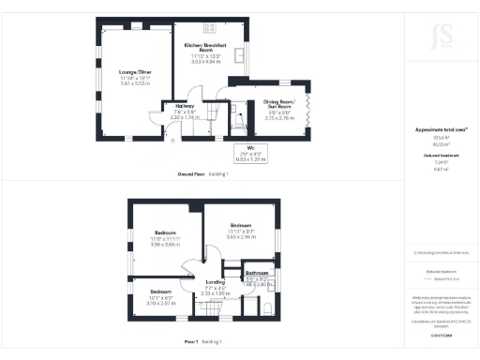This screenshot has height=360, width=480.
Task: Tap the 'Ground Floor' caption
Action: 194,174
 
